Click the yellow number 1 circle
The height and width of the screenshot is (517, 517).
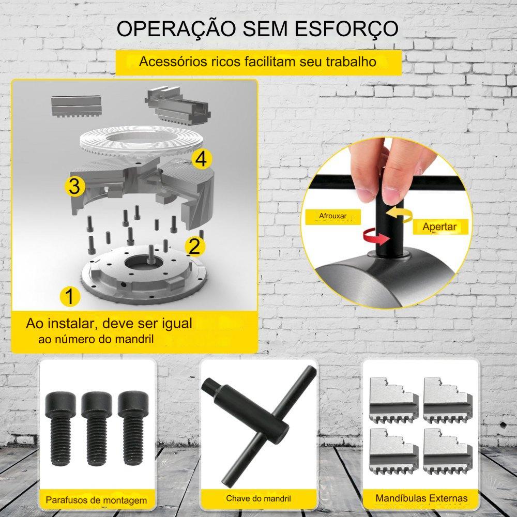[x=70, y=296]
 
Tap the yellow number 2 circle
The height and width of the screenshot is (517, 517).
[x=195, y=246]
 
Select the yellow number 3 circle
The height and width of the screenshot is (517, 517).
[x=74, y=186]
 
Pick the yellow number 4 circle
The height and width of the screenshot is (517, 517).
[x=202, y=159]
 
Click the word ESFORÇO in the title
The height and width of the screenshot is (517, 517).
[x=346, y=29]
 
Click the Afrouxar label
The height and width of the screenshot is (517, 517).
[x=332, y=216]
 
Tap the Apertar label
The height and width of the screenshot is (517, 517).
[x=439, y=227]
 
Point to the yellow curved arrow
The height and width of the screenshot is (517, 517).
[x=399, y=215]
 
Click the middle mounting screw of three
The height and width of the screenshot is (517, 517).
[x=97, y=428]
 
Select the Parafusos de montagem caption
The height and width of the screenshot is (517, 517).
[x=96, y=500]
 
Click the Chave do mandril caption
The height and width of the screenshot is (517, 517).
[x=258, y=498]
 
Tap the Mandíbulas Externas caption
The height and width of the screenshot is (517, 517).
[x=421, y=498]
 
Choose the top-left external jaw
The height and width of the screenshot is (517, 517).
[x=393, y=400]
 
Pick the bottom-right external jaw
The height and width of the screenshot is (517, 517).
[x=448, y=451]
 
